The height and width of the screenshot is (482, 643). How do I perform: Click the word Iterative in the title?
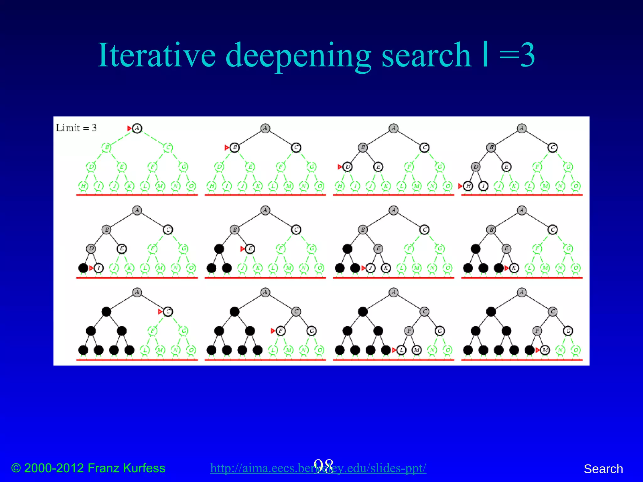pyautogui.click(x=157, y=55)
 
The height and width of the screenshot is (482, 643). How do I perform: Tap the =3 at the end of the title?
pyautogui.click(x=517, y=55)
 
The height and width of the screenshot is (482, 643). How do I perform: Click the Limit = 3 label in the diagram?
pyautogui.click(x=76, y=128)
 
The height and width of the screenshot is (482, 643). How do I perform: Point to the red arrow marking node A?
pyautogui.click(x=129, y=128)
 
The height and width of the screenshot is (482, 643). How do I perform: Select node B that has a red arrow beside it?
pyautogui.click(x=235, y=147)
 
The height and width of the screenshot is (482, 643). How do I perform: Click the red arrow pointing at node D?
pyautogui.click(x=340, y=167)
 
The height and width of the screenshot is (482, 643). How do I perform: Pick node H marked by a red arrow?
pyautogui.click(x=468, y=186)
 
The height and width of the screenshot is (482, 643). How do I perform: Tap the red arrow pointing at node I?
pyautogui.click(x=91, y=268)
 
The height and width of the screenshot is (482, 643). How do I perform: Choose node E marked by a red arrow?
pyautogui.click(x=250, y=249)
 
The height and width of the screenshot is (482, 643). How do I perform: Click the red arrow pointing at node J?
pyautogui.click(x=364, y=268)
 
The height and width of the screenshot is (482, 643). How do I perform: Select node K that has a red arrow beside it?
pyautogui.click(x=514, y=268)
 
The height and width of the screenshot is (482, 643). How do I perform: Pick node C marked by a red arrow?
pyautogui.click(x=168, y=312)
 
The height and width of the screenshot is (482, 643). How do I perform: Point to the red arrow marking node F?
pyautogui.click(x=273, y=331)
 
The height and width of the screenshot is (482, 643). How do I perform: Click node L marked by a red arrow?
pyautogui.click(x=401, y=350)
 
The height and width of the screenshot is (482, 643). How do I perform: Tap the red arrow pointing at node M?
pyautogui.click(x=538, y=350)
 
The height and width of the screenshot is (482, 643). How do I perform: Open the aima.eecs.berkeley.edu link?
pyautogui.click(x=318, y=468)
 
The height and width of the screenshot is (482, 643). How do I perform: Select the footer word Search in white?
pyautogui.click(x=603, y=469)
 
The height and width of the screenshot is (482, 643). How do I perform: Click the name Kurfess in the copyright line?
pyautogui.click(x=144, y=468)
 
